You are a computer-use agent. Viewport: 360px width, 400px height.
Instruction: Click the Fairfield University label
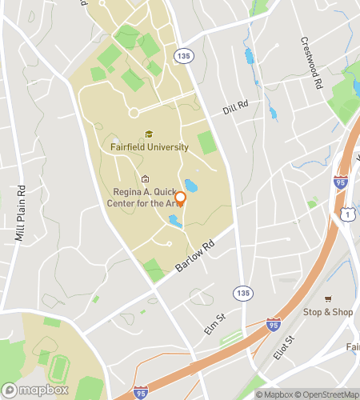[x=150, y=147]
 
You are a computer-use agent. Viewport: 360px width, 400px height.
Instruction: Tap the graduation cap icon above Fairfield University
[x=149, y=135]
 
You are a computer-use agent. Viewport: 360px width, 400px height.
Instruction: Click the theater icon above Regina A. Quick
[x=145, y=179]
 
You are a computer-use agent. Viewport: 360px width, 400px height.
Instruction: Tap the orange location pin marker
[x=180, y=199]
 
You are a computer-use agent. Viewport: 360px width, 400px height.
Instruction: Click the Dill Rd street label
[x=236, y=108]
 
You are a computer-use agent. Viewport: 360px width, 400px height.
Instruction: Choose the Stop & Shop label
[x=327, y=312]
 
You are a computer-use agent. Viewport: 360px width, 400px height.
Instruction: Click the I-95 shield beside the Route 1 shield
[x=341, y=183]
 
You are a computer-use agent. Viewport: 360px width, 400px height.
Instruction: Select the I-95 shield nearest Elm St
[x=273, y=324]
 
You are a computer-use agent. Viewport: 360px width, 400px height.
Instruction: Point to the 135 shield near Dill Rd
[x=185, y=56]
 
